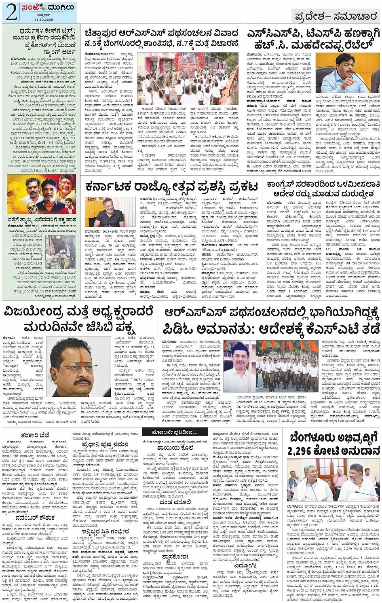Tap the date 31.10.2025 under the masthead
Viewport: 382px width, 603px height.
click(41, 19)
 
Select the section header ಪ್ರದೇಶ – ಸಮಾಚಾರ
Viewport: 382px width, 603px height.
click(335, 16)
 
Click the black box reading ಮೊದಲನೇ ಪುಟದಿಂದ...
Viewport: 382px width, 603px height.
click(175, 432)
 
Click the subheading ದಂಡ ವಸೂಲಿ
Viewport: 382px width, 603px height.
click(175, 502)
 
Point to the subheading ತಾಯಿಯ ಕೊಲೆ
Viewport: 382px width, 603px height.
click(175, 448)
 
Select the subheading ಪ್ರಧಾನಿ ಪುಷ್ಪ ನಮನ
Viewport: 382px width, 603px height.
click(105, 444)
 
